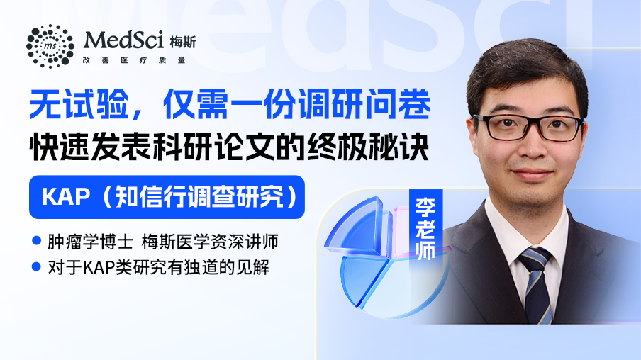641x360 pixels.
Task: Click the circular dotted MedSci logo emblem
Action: [x=50, y=46]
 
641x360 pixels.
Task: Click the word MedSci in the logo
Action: [x=123, y=40]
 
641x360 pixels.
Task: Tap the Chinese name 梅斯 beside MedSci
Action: [x=183, y=42]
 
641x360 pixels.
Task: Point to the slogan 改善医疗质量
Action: [x=134, y=60]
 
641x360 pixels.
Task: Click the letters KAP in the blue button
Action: [x=65, y=197]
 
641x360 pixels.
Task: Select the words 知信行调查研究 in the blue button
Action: [x=199, y=197]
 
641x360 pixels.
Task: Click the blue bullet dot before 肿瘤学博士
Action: [x=36, y=240]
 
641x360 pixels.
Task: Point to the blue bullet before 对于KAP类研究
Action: [x=36, y=266]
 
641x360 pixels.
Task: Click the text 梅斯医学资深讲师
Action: [x=210, y=242]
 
